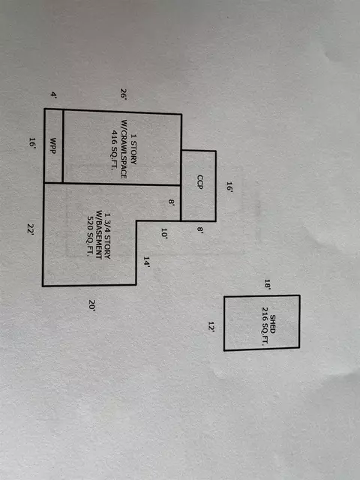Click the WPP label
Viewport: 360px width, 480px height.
[x=53, y=146]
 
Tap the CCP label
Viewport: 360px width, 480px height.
[x=200, y=181]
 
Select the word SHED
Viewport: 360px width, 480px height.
[x=272, y=324]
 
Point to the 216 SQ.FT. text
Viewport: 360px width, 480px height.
[x=265, y=326]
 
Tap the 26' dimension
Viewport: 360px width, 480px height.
[x=123, y=94]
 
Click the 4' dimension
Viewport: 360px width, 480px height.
[x=53, y=95]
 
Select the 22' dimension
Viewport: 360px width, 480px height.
[x=30, y=229]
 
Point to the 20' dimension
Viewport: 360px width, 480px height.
[x=92, y=305]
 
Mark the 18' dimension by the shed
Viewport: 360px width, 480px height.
[x=268, y=284]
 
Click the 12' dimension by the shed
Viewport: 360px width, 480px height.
[x=211, y=327]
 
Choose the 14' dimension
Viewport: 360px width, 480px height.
[x=147, y=262]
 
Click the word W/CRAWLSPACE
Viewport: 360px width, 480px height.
[x=124, y=149]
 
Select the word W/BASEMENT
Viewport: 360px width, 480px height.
[x=99, y=235]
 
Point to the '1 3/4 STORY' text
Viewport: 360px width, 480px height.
[x=107, y=235]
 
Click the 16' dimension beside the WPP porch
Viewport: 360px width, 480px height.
[x=32, y=143]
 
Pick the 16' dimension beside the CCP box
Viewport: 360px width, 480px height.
[x=229, y=187]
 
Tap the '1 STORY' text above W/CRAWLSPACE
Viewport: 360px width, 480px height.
[x=133, y=148]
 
